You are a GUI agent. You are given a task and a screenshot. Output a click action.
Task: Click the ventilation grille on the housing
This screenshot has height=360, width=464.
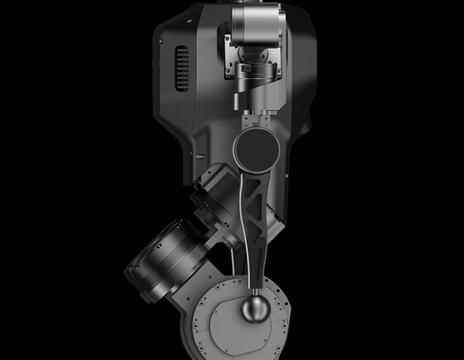(182, 69)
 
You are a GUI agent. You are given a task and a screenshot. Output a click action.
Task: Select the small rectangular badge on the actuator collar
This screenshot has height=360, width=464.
(247, 69)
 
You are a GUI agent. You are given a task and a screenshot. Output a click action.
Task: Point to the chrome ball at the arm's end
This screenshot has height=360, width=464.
(256, 309)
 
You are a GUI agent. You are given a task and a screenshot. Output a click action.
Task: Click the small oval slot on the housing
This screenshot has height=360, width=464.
(200, 156)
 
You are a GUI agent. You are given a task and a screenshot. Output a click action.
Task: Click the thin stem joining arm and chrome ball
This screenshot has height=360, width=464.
(256, 290)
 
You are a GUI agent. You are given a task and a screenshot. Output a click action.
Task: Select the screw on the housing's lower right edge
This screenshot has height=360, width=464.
(286, 176)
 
